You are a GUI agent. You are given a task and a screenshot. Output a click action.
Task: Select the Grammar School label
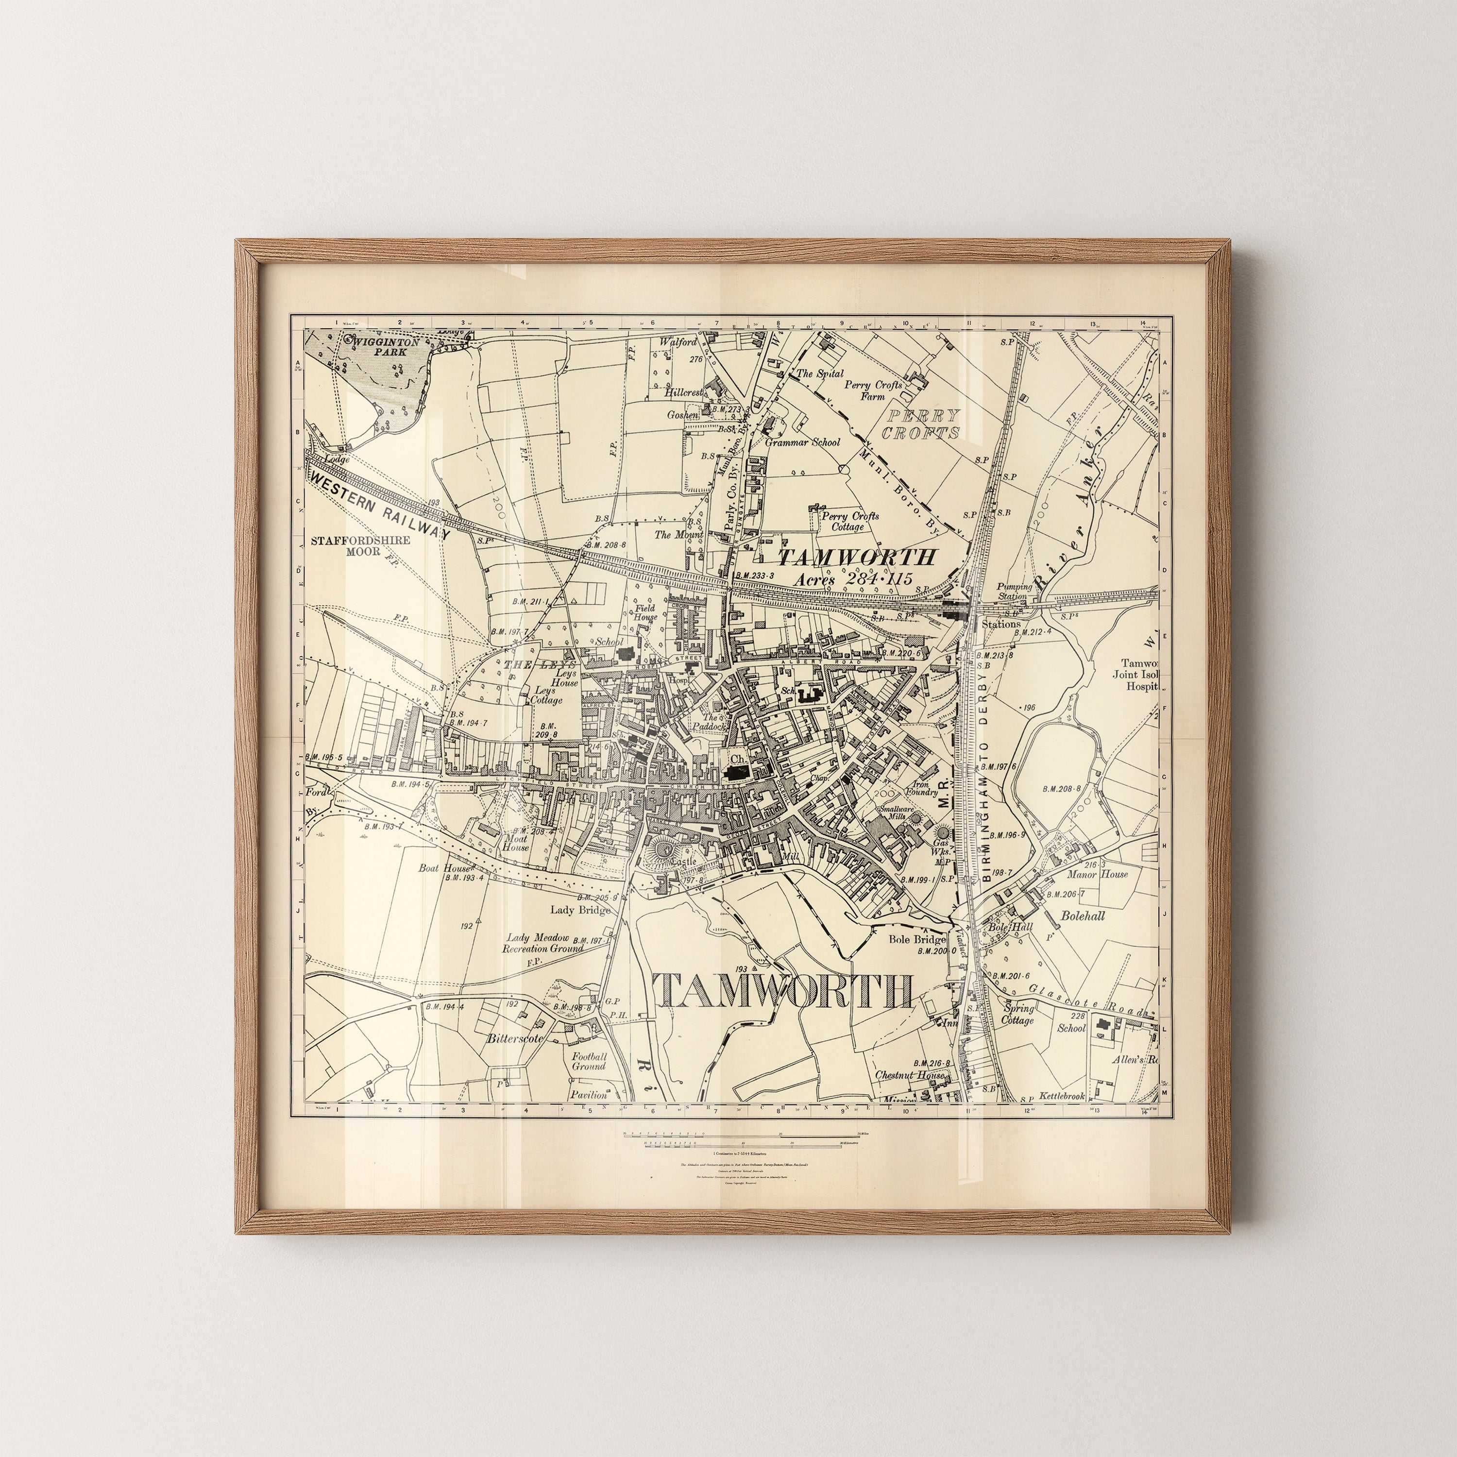(x=802, y=442)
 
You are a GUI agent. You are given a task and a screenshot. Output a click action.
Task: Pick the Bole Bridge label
(x=916, y=940)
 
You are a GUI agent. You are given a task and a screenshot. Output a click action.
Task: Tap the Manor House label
(x=1097, y=874)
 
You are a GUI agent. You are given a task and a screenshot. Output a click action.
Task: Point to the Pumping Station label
(x=1012, y=591)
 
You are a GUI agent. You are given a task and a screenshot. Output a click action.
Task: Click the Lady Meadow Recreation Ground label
(x=544, y=943)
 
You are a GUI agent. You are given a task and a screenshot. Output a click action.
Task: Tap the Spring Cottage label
(x=1017, y=1014)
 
